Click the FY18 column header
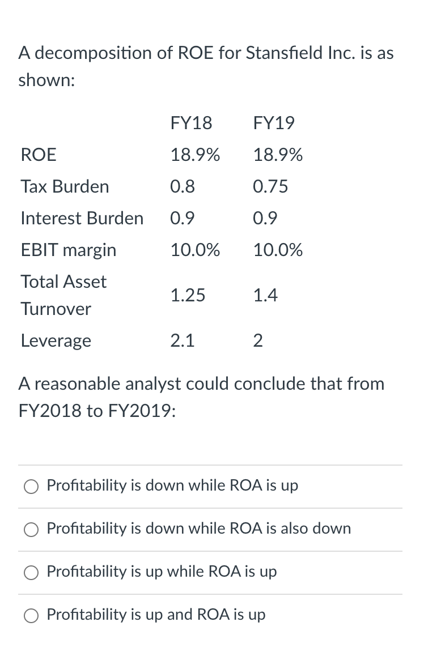[x=191, y=123]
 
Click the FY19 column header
[x=274, y=123]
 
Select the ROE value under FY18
[x=195, y=155]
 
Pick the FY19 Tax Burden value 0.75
[x=270, y=186]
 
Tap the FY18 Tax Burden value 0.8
[x=183, y=186]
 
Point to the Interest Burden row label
[x=82, y=218]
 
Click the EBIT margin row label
[x=68, y=250]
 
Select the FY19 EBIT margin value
[x=278, y=250]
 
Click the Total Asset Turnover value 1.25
[x=188, y=295]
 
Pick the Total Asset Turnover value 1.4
[x=265, y=295]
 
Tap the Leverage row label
[x=56, y=340]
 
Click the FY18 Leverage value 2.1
[x=183, y=340]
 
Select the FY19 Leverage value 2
[x=258, y=340]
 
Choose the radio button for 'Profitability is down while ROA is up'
[x=32, y=486]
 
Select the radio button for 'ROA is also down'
[x=32, y=529]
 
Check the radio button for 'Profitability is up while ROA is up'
[x=32, y=572]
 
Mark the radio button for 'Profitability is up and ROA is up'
[x=32, y=615]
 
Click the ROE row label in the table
[x=38, y=155]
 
